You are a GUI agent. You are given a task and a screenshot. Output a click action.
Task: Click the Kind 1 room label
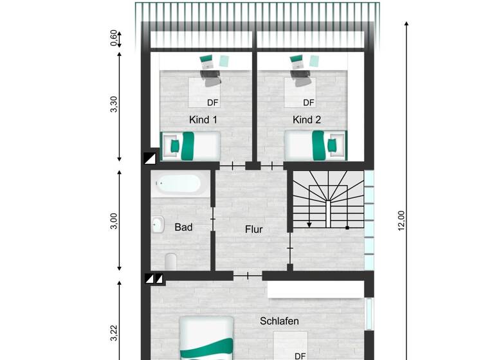coord(203,120)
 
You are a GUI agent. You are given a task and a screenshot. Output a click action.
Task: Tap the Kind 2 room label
coord(306,120)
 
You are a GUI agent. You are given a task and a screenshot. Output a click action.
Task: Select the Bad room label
coord(183,227)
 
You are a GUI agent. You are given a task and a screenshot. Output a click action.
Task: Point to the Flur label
coord(253,229)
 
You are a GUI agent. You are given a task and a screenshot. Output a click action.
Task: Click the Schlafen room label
coord(279,321)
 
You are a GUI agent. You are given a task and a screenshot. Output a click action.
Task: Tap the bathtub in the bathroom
coord(180,184)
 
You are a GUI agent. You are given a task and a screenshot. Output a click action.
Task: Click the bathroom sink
coord(158,226)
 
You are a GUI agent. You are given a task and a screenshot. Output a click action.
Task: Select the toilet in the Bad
coord(170,262)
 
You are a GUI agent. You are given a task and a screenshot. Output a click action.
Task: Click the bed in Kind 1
coord(190,146)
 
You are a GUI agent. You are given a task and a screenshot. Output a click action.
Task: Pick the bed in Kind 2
coord(316,145)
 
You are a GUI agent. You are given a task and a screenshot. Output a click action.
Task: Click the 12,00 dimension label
coord(401,221)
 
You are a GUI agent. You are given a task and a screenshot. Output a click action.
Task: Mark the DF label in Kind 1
coord(212,102)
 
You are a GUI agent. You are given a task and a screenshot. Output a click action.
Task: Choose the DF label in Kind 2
coord(309,102)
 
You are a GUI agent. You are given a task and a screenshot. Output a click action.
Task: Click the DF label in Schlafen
coord(300,355)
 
